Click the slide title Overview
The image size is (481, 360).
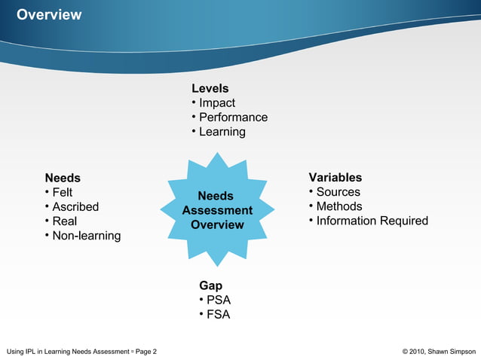49,15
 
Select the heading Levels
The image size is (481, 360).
210,89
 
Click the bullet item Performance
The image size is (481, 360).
232,117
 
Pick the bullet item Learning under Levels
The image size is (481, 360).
222,132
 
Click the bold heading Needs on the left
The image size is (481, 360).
63,178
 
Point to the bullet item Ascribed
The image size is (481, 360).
75,207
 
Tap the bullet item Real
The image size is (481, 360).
64,221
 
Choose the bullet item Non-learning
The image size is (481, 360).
86,236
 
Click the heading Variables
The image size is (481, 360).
335,178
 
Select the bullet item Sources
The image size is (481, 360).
338,192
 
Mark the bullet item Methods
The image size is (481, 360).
339,206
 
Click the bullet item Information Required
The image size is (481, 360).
372,221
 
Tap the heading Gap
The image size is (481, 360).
210,286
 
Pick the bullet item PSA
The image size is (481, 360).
218,301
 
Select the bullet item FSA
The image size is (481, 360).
218,315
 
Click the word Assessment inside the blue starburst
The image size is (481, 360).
217,211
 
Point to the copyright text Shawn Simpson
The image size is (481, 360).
452,351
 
